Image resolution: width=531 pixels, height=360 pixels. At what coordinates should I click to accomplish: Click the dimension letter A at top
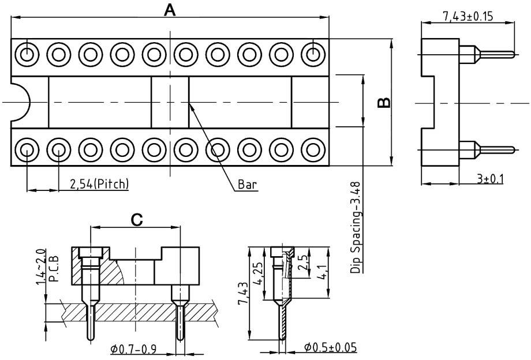coord(170,10)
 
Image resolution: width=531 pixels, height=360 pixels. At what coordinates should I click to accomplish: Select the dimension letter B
coord(383,103)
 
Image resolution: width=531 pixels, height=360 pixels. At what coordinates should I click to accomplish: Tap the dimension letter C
coord(136,220)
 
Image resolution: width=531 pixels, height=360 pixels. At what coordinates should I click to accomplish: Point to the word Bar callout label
coord(247,185)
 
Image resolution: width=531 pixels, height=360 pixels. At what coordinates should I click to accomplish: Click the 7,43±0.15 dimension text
coord(468,16)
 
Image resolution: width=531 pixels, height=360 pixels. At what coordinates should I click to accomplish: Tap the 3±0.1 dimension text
coord(490,179)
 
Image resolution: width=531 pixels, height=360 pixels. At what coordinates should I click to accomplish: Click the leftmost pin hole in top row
coord(27,55)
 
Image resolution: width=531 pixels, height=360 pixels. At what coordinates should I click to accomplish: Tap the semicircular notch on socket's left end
coord(20,102)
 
